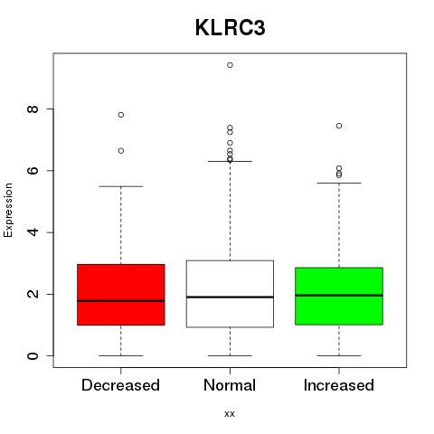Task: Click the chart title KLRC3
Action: pyautogui.click(x=231, y=28)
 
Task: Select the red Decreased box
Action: pyautogui.click(x=121, y=295)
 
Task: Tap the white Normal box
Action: pyautogui.click(x=230, y=294)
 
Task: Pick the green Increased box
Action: pyautogui.click(x=339, y=296)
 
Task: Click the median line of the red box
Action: pyautogui.click(x=121, y=301)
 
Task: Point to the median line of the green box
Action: pyautogui.click(x=339, y=296)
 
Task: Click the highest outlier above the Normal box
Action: pyautogui.click(x=230, y=65)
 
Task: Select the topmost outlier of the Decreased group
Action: pyautogui.click(x=121, y=115)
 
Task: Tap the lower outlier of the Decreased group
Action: pyautogui.click(x=121, y=151)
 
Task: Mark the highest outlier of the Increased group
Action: pyautogui.click(x=339, y=126)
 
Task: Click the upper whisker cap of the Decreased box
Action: pyautogui.click(x=121, y=186)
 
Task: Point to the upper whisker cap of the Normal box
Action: pyautogui.click(x=230, y=161)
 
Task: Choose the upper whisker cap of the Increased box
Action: pyautogui.click(x=339, y=183)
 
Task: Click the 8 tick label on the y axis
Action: pyautogui.click(x=33, y=108)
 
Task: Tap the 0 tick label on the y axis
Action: pyautogui.click(x=33, y=355)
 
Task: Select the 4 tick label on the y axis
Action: pyautogui.click(x=33, y=232)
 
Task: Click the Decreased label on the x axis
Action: pyautogui.click(x=120, y=385)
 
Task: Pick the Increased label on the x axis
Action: pyautogui.click(x=339, y=385)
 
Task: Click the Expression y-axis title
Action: pyautogui.click(x=8, y=210)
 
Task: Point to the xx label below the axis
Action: pyautogui.click(x=230, y=414)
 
